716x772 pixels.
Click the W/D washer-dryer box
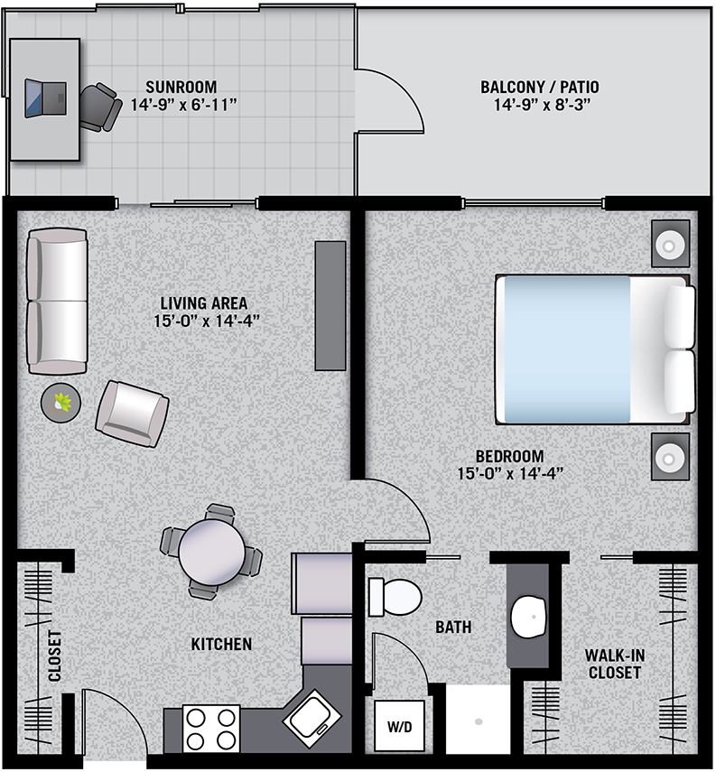[399, 726]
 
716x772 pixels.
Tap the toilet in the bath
[395, 597]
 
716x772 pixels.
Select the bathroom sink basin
[529, 616]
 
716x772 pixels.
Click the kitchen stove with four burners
[210, 729]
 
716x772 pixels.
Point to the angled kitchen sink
[312, 720]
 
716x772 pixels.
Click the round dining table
[212, 553]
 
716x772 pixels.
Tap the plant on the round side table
[62, 402]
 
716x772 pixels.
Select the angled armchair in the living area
[132, 414]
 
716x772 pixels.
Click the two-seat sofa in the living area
[57, 301]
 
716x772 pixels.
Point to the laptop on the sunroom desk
[45, 98]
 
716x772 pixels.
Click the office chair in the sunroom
[100, 107]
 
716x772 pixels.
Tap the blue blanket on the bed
[567, 349]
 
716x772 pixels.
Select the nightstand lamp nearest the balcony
[670, 244]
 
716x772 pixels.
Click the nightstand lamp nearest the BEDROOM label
[670, 457]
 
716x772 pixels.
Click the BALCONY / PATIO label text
[540, 88]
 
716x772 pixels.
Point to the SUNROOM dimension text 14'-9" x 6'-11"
[183, 105]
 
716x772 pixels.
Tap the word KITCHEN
[221, 644]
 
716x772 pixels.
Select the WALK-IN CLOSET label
[615, 664]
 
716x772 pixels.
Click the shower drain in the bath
[479, 721]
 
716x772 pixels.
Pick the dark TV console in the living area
[330, 305]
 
